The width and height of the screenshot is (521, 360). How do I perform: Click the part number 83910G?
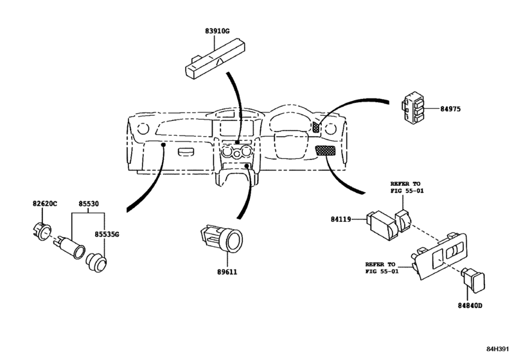217,32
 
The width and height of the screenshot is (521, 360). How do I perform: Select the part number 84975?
450,109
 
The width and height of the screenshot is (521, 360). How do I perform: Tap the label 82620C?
45,203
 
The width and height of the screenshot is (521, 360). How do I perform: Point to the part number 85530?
89,203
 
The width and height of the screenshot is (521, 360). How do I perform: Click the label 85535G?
107,235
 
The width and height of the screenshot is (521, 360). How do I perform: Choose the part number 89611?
227,272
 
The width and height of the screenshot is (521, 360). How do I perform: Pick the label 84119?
341,219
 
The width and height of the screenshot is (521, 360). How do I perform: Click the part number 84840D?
470,305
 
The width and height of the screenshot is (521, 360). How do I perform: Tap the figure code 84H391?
498,348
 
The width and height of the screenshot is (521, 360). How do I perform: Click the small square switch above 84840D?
473,280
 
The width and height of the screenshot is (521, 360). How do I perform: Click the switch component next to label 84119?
382,224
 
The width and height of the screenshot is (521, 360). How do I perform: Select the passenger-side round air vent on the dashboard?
143,129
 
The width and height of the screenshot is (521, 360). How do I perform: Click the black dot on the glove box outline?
163,145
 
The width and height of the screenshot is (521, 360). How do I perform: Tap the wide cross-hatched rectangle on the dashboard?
325,150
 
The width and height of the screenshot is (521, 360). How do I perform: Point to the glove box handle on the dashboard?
188,152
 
